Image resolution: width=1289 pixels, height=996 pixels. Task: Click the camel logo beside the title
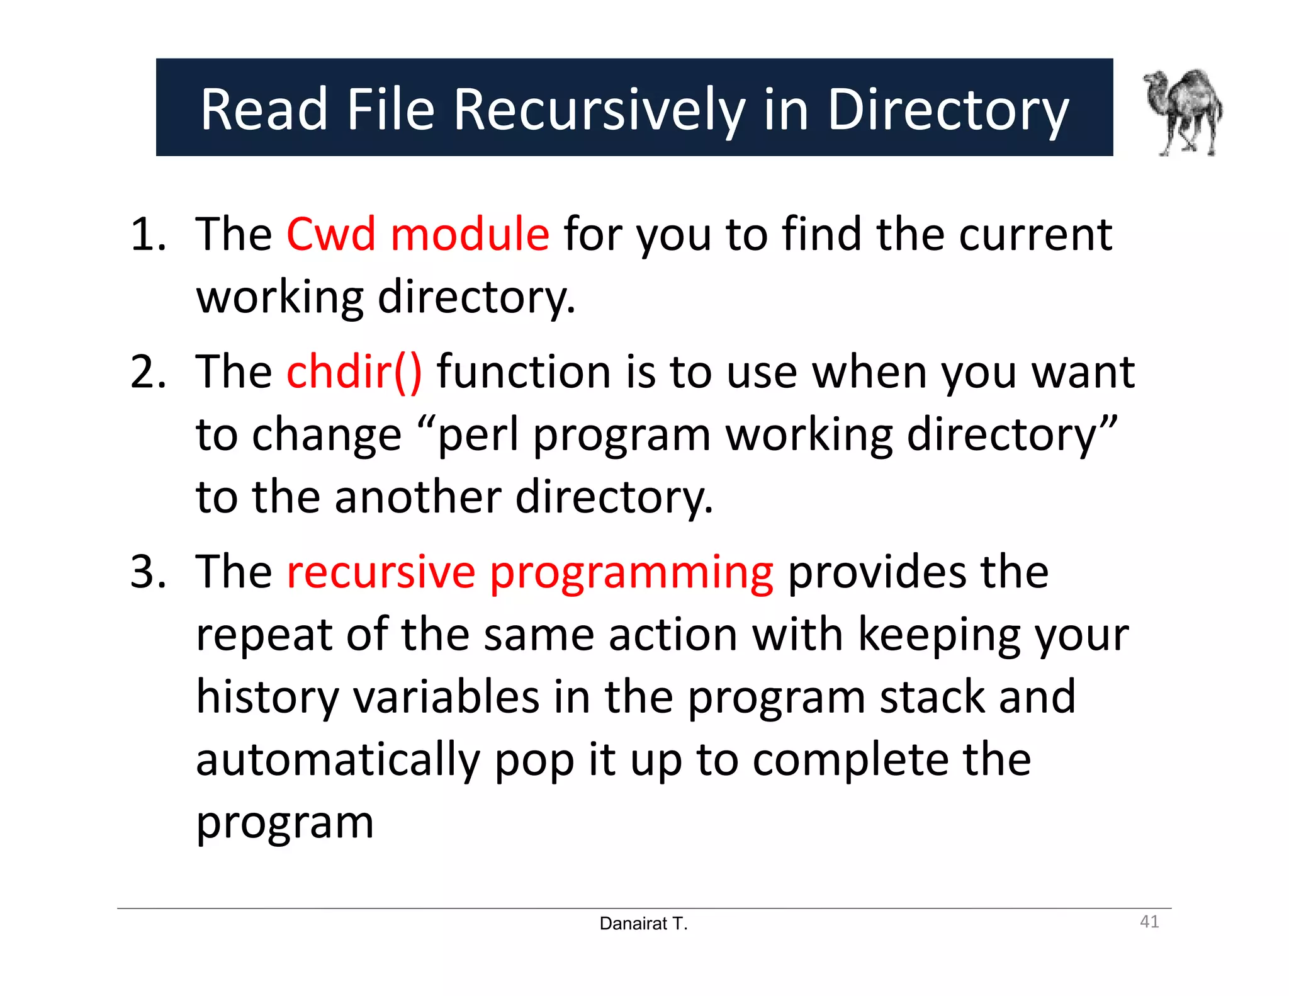tap(1183, 112)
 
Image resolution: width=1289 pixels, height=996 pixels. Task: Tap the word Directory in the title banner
tap(948, 110)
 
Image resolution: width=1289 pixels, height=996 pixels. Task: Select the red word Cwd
tap(331, 234)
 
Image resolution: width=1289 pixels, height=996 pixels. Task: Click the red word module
tap(470, 234)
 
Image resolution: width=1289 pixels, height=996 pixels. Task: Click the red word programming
tap(631, 573)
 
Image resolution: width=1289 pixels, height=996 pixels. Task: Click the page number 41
tap(1149, 922)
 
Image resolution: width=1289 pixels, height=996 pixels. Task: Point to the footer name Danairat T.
tap(643, 924)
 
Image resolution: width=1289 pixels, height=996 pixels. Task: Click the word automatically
tap(338, 760)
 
